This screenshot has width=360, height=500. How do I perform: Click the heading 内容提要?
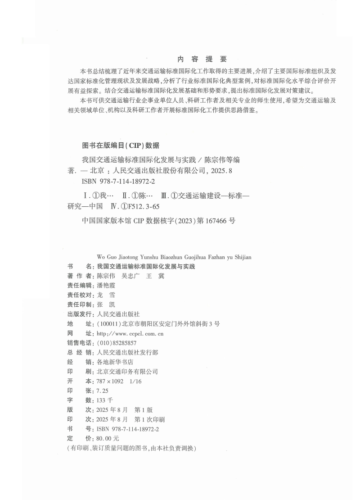pos(202,59)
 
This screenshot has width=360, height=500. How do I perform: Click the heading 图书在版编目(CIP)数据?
pos(120,145)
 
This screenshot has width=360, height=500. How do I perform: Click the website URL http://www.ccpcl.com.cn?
pos(130,334)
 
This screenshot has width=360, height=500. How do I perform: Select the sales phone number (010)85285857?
pos(117,343)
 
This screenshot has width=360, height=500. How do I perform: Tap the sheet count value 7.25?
pos(103,391)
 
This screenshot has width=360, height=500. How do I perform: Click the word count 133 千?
pos(105,400)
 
